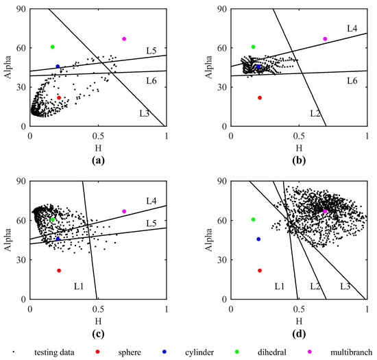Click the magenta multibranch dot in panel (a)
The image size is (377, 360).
click(x=124, y=38)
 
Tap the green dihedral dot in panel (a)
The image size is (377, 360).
click(x=52, y=47)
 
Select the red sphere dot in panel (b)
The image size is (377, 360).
click(x=260, y=98)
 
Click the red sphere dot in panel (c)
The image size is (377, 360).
click(x=59, y=271)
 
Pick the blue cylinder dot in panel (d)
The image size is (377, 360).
click(x=258, y=239)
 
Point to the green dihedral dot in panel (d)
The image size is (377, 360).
click(x=254, y=219)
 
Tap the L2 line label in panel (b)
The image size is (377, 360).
click(x=315, y=112)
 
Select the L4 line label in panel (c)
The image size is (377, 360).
click(x=151, y=201)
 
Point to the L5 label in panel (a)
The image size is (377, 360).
click(x=151, y=51)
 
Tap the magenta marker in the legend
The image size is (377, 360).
click(x=310, y=352)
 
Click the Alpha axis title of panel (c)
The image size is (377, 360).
click(x=9, y=240)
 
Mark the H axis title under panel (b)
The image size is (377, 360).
click(x=299, y=147)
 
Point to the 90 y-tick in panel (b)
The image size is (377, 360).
click(x=223, y=9)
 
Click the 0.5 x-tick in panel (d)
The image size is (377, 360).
click(x=299, y=309)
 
